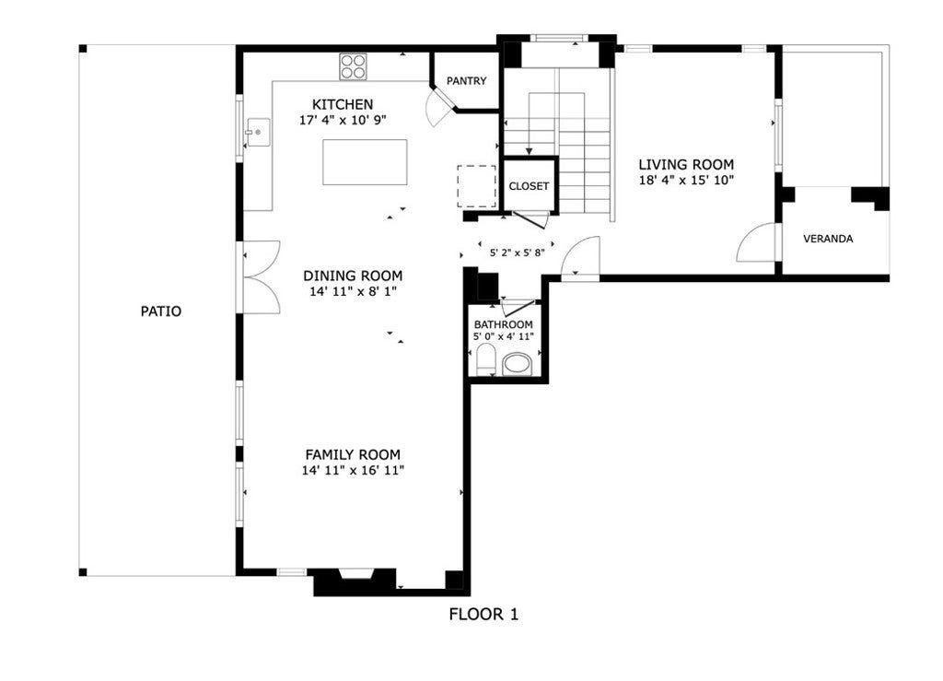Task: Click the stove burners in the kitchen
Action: click(x=353, y=66)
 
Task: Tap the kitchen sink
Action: click(x=258, y=132)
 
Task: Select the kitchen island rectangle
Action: click(x=365, y=162)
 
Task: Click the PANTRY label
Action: click(x=466, y=80)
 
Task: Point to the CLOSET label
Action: click(x=529, y=186)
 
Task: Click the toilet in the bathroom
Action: click(x=484, y=358)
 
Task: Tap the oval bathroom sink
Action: click(x=518, y=365)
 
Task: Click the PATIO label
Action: click(x=160, y=311)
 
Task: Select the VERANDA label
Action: click(x=828, y=239)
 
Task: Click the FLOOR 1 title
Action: click(x=483, y=615)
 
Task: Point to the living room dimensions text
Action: click(x=686, y=180)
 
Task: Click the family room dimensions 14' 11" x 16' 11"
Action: click(x=353, y=470)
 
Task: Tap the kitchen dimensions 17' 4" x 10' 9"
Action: click(x=343, y=120)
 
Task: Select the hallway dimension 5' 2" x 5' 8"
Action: click(x=518, y=252)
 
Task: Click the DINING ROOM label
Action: click(x=353, y=276)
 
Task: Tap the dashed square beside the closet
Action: click(x=477, y=186)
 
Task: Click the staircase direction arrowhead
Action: click(x=530, y=151)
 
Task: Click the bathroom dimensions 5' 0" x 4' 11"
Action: click(x=504, y=336)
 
